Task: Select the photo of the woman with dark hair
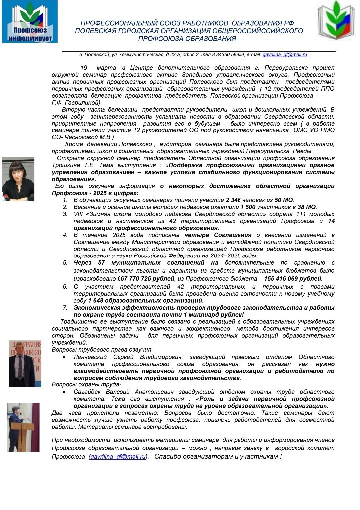[18, 179]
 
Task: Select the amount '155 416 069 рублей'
[294, 279]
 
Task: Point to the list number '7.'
[65, 308]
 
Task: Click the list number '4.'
[65, 235]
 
